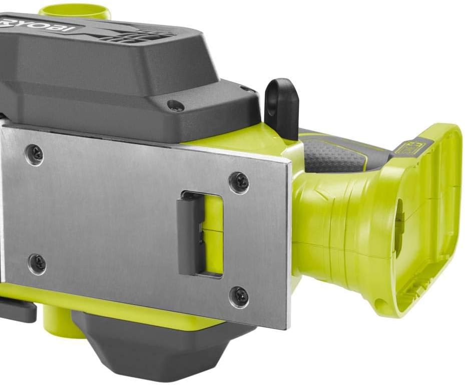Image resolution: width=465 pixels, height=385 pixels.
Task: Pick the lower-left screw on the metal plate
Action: tap(37, 262)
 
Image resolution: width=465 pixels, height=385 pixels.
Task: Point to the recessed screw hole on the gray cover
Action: tap(175, 106)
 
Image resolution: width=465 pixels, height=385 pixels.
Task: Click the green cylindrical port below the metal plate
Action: tap(56, 320)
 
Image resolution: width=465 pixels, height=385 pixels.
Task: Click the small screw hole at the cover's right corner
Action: tap(246, 90)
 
